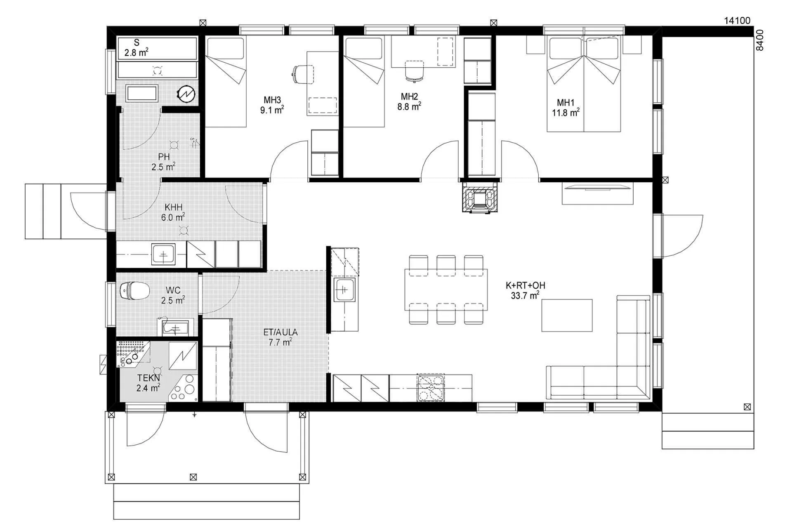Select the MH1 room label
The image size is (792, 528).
tap(566, 103)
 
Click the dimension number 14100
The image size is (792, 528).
tap(737, 21)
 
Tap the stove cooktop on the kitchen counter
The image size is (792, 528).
tap(431, 388)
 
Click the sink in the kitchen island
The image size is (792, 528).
tap(345, 290)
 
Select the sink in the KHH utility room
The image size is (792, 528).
tap(163, 254)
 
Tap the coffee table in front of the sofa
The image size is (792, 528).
tap(567, 316)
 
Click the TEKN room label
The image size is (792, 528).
tap(148, 378)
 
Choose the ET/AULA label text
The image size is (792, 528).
tap(280, 332)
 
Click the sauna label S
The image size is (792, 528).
tap(137, 42)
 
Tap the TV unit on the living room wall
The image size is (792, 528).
tap(597, 193)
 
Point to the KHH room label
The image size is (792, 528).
tap(173, 207)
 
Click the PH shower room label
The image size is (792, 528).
tap(164, 157)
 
